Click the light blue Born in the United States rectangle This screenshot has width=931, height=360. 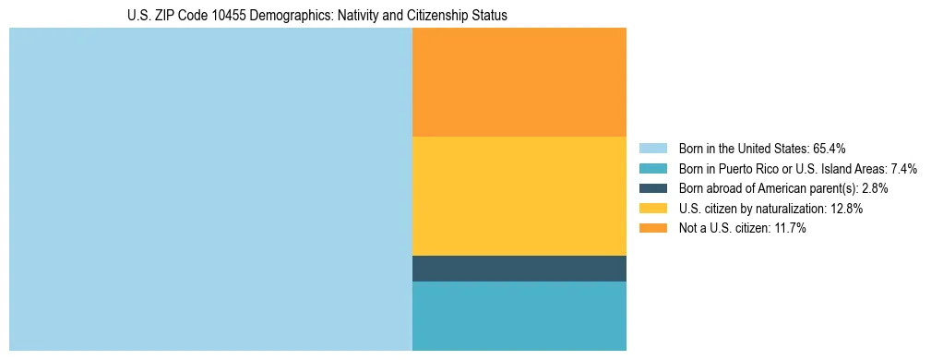(x=210, y=189)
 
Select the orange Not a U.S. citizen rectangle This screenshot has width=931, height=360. (x=519, y=82)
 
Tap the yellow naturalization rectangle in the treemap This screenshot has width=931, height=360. (x=519, y=196)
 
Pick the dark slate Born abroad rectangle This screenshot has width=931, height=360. (x=519, y=269)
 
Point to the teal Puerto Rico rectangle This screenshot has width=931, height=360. (x=519, y=316)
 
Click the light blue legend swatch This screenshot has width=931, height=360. (x=653, y=148)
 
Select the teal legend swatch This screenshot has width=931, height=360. (x=653, y=168)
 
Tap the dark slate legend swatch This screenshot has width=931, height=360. (x=653, y=188)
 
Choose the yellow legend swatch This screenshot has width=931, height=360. (x=653, y=209)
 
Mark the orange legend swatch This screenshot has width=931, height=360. (x=653, y=229)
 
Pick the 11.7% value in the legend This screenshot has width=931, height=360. (x=788, y=229)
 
